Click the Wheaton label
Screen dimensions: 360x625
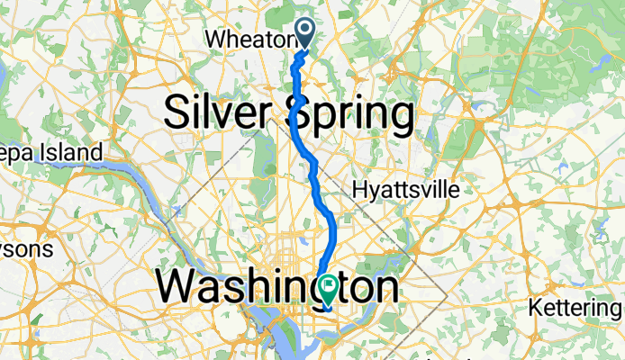click(x=250, y=40)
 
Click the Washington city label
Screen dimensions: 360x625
click(x=277, y=288)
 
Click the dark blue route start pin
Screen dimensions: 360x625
click(x=306, y=31)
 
